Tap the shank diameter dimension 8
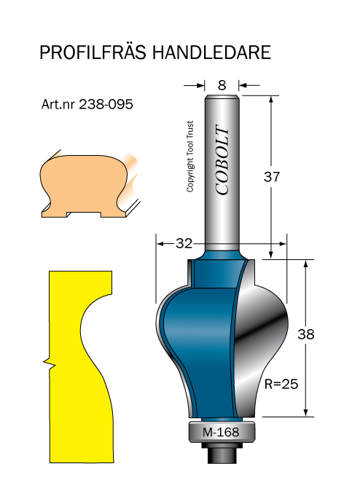tap(221, 85)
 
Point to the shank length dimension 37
tap(272, 177)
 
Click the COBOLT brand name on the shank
tap(223, 161)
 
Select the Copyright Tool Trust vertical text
tap(191, 156)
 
